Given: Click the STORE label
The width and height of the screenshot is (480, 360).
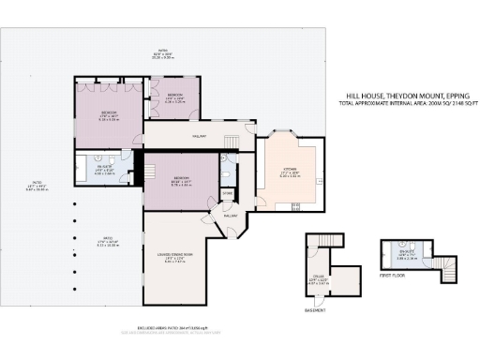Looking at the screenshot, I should click(x=227, y=195).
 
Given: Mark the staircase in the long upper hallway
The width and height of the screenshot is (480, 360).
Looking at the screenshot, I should click(x=231, y=141).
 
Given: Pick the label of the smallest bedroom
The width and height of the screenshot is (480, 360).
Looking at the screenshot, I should click(x=174, y=97).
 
